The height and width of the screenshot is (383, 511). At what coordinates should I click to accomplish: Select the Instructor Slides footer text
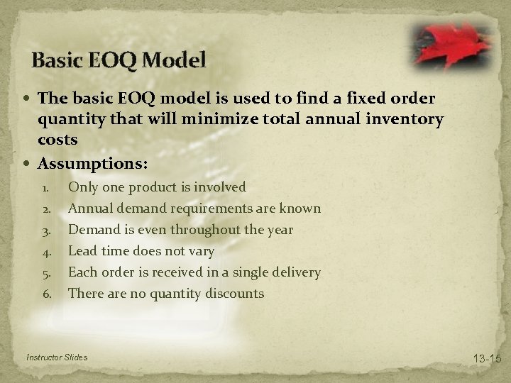[56, 357]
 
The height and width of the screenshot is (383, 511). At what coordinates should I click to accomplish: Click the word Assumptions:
[93, 164]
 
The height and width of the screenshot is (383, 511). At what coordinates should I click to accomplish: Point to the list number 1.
[44, 188]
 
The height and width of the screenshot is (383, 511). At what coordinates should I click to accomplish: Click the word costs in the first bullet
[57, 140]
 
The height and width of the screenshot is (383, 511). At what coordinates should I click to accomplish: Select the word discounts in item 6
[233, 293]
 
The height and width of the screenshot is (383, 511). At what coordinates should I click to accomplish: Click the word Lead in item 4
[82, 250]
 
